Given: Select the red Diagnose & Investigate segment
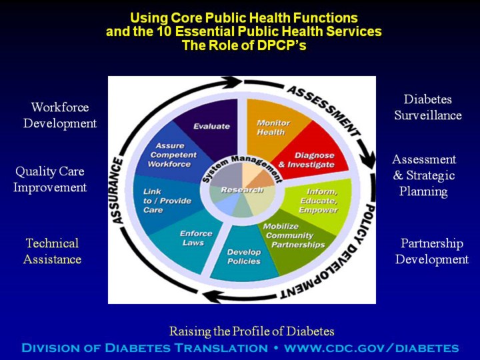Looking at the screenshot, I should click(x=305, y=159).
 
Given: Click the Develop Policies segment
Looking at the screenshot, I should click(x=244, y=256).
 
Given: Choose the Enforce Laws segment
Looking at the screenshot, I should click(x=195, y=238).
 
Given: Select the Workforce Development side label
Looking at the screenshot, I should click(x=60, y=115).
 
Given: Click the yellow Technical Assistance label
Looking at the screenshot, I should click(x=52, y=251).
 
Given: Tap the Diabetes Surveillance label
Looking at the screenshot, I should click(x=427, y=107).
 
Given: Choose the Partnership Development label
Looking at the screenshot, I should click(x=431, y=251).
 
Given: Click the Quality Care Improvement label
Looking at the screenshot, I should click(x=50, y=179).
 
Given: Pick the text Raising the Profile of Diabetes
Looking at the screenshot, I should click(x=251, y=331).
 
